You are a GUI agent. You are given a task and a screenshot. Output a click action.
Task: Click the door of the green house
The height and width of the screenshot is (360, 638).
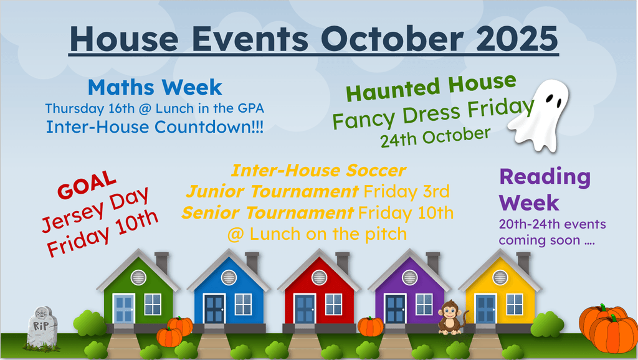pyautogui.click(x=124, y=309)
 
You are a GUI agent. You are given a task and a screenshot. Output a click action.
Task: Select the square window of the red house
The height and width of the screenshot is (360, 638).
pyautogui.click(x=334, y=305)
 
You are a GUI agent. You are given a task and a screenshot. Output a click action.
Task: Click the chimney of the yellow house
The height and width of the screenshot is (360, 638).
pyautogui.click(x=523, y=262)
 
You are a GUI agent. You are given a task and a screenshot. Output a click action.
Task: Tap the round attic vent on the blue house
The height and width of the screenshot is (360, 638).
pyautogui.click(x=229, y=278)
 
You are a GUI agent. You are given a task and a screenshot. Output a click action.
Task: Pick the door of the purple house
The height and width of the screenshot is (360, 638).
pyautogui.click(x=395, y=309)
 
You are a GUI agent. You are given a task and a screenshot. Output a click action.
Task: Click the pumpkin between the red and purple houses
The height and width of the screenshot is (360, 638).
pyautogui.click(x=370, y=326)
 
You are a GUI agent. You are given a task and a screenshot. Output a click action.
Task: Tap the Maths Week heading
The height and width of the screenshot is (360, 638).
pyautogui.click(x=155, y=87)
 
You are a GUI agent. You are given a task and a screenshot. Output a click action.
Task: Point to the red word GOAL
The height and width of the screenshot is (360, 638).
pyautogui.click(x=87, y=184)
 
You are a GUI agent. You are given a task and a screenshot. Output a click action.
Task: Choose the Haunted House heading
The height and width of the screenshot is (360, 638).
pyautogui.click(x=431, y=87)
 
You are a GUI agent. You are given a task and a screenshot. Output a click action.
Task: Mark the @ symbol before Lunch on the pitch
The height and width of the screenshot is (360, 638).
pyautogui.click(x=236, y=235)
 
